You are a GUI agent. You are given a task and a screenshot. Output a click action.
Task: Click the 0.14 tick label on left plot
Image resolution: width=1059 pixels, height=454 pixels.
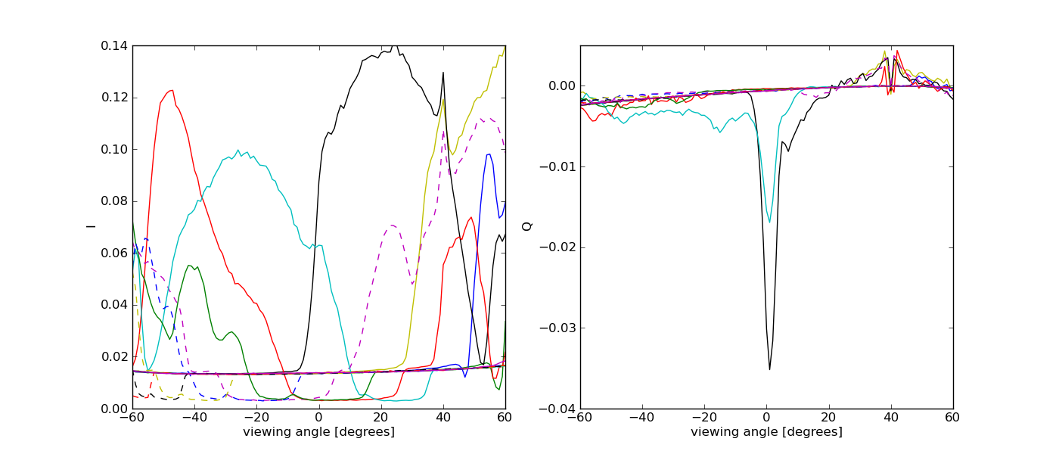(116, 46)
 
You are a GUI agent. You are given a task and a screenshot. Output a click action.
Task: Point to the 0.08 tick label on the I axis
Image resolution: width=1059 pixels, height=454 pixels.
(116, 201)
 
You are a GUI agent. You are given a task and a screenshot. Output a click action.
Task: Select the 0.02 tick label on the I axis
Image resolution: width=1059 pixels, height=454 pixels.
(116, 357)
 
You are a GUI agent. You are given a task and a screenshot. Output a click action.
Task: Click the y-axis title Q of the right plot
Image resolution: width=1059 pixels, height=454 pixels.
(526, 226)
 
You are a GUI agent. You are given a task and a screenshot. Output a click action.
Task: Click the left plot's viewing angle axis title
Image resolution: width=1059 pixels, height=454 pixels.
(318, 432)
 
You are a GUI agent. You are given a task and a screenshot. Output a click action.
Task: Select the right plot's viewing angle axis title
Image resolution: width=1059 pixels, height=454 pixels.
(766, 432)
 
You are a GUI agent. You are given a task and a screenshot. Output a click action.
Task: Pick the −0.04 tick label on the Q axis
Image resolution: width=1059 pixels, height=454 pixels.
(558, 409)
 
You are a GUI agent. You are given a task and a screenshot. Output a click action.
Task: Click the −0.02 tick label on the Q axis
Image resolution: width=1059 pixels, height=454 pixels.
(558, 247)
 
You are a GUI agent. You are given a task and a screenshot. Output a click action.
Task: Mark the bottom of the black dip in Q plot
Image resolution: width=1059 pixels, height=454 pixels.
(769, 369)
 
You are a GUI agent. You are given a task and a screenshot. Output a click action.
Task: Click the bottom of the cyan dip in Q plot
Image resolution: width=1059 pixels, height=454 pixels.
(769, 222)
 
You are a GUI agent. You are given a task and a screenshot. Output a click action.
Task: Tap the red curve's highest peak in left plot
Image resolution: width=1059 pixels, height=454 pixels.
(172, 90)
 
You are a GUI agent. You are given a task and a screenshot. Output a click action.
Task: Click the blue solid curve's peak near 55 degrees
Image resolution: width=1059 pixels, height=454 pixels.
(489, 154)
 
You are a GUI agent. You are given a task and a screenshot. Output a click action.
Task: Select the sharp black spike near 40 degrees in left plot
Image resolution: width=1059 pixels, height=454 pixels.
(443, 73)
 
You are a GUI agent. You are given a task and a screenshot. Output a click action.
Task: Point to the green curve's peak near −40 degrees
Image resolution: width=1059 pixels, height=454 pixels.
(189, 266)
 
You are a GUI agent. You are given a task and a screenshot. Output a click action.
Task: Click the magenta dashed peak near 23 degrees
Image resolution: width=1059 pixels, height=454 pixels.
(391, 225)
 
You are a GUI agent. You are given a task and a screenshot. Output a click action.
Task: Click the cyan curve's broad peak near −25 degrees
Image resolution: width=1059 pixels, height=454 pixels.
(238, 150)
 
